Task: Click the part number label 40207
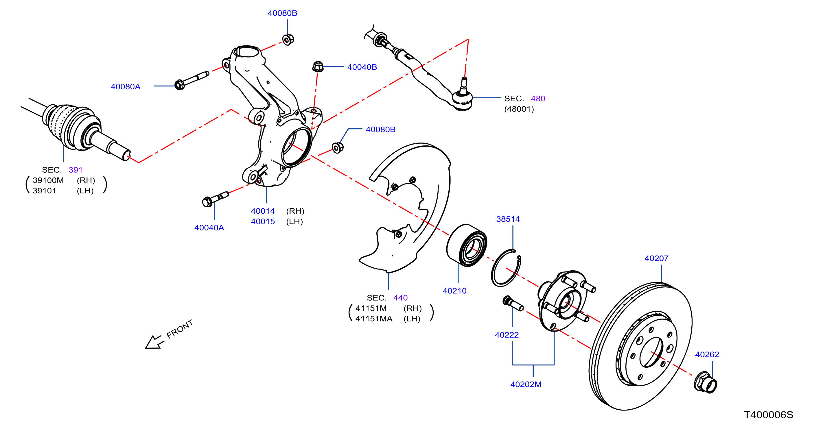[x=656, y=258]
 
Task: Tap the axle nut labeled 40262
[x=705, y=382]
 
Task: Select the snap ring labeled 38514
[x=506, y=268]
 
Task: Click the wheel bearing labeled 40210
[x=467, y=245]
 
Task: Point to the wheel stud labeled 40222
[x=513, y=303]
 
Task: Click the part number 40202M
[x=526, y=384]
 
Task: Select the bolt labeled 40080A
[x=191, y=80]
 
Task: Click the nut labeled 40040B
[x=318, y=66]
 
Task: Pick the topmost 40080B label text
[x=282, y=13]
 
